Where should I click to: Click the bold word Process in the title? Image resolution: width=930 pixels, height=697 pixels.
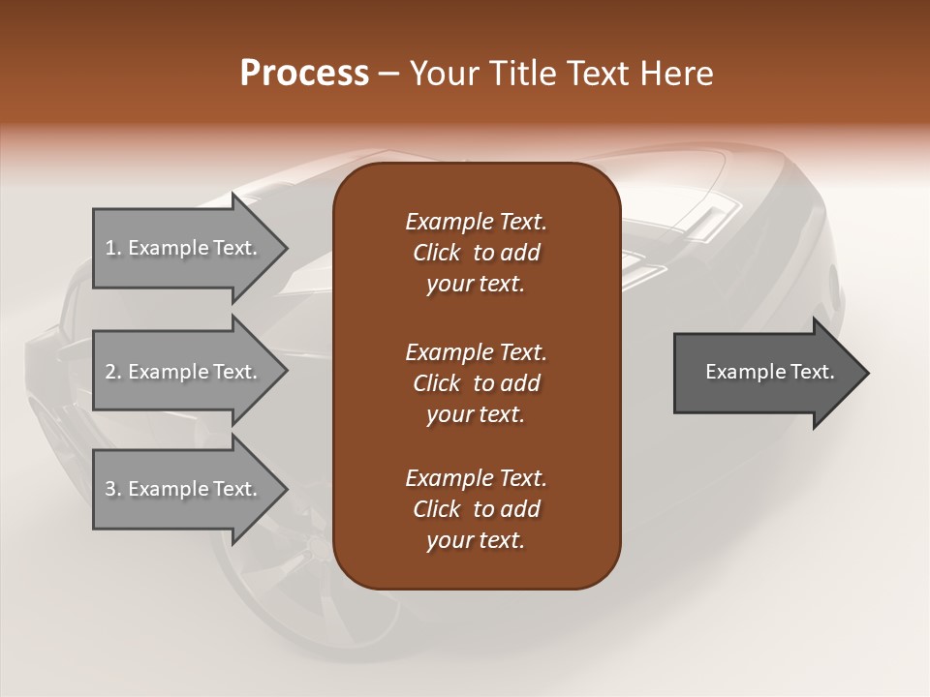pyautogui.click(x=304, y=74)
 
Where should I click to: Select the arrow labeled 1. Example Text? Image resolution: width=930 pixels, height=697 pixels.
pyautogui.click(x=184, y=248)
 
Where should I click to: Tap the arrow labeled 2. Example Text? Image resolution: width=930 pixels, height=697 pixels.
pyautogui.click(x=184, y=372)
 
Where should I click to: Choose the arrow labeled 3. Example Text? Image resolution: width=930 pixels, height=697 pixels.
pyautogui.click(x=184, y=489)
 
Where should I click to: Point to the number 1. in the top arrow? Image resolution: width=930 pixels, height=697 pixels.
pyautogui.click(x=113, y=248)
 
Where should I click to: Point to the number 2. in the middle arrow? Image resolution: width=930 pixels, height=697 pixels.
pyautogui.click(x=113, y=372)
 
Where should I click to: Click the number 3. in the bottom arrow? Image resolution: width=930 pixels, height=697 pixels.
pyautogui.click(x=113, y=489)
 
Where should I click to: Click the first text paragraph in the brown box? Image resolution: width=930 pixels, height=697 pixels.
pyautogui.click(x=476, y=253)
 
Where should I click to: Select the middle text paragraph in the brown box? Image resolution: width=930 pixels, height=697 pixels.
pyautogui.click(x=476, y=382)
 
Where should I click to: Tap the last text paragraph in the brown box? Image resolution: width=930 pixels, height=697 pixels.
pyautogui.click(x=476, y=509)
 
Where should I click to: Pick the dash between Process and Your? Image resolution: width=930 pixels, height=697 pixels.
pyautogui.click(x=388, y=75)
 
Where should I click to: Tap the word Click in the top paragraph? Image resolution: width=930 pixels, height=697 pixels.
pyautogui.click(x=437, y=254)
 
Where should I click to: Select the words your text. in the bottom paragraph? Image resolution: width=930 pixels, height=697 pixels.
pyautogui.click(x=476, y=541)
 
